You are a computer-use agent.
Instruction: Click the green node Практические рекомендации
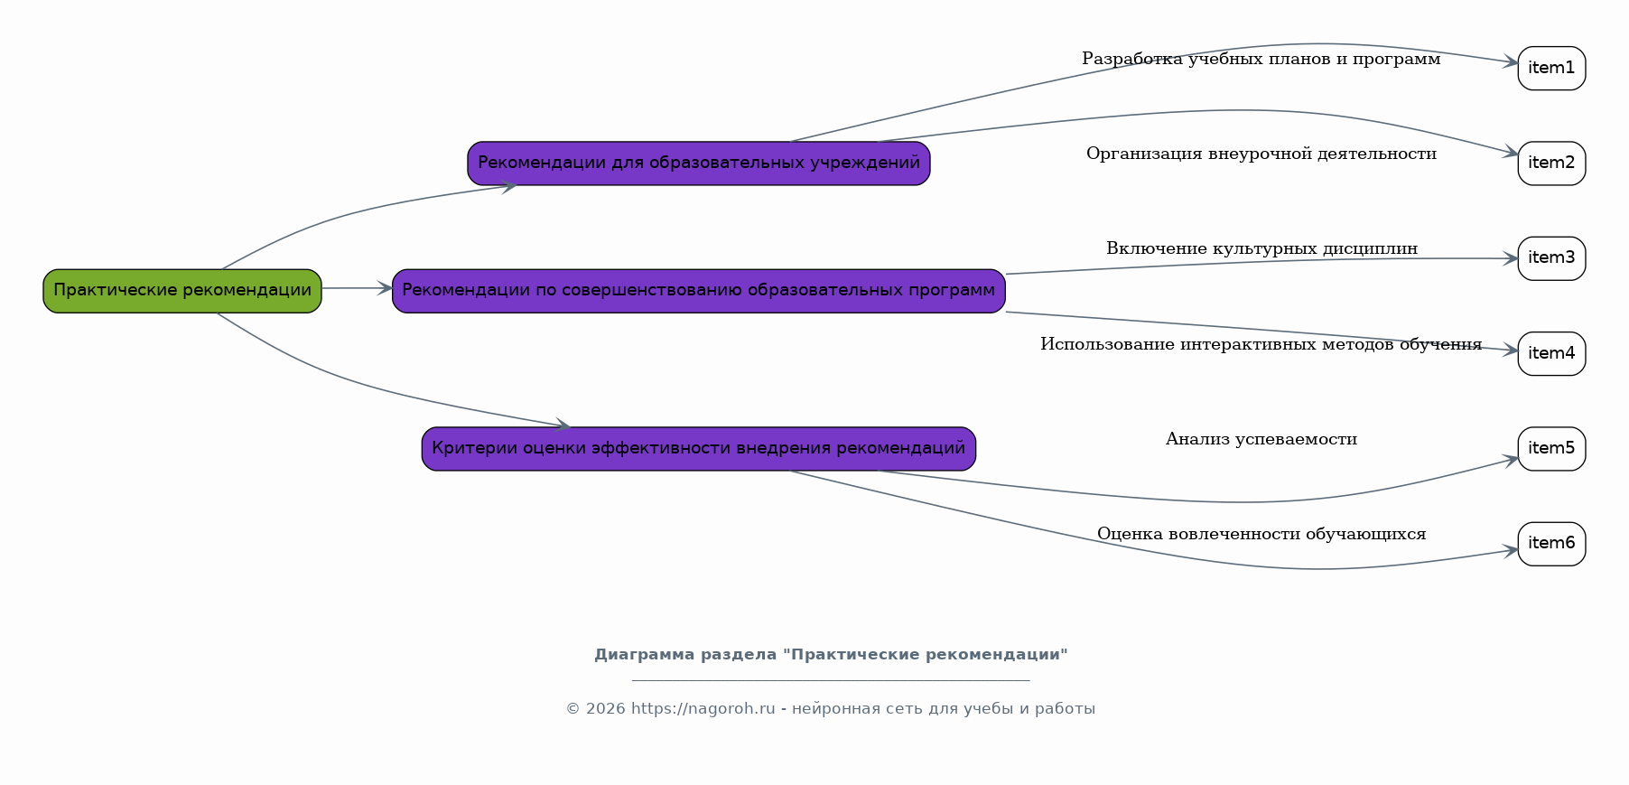click(x=182, y=291)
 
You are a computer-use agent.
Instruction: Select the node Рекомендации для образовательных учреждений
click(x=699, y=164)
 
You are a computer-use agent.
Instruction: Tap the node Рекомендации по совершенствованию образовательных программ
click(x=699, y=291)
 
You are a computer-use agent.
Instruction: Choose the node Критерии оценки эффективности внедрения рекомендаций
click(x=699, y=449)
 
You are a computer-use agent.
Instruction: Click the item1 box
click(x=1551, y=69)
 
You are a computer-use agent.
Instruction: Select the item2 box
click(x=1551, y=164)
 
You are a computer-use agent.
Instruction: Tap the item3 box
click(x=1551, y=258)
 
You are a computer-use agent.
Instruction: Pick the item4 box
click(x=1551, y=354)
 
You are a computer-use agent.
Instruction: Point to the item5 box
click(x=1551, y=449)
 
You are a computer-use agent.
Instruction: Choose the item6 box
click(x=1551, y=544)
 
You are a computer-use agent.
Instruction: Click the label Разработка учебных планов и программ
click(x=1261, y=60)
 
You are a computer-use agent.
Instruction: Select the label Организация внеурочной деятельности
click(x=1261, y=154)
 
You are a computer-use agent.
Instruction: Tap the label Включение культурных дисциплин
click(x=1261, y=248)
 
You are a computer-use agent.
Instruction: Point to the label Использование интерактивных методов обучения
click(x=1261, y=344)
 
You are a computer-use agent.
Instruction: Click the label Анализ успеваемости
click(x=1261, y=439)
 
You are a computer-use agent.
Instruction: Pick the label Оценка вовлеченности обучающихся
click(x=1261, y=534)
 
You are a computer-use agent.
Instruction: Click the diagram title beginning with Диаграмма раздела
click(x=831, y=655)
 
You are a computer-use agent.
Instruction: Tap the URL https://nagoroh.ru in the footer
click(x=703, y=709)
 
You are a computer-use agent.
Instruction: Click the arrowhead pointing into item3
click(x=1510, y=259)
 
